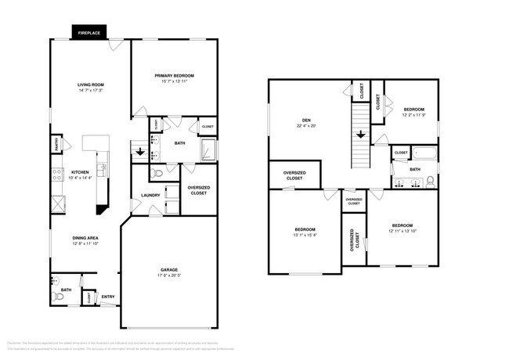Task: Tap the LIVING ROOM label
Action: pos(91,85)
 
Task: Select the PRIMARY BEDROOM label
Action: pos(174,75)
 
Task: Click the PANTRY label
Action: pos(56,145)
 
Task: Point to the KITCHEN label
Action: pos(81,172)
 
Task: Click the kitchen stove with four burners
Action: pos(57,175)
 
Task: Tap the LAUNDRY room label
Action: pos(150,195)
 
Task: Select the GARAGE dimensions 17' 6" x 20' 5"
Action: pos(168,275)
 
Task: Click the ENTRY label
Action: pos(107,296)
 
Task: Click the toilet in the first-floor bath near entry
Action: pos(58,297)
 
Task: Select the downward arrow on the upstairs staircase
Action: pos(361,135)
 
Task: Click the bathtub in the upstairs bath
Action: pos(425,153)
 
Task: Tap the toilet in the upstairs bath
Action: pos(430,182)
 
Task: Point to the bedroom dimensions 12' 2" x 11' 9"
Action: pos(413,115)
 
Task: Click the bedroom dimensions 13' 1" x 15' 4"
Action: pos(305,235)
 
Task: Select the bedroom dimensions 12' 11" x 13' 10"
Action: pos(403,230)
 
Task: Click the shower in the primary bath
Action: pos(208,149)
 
